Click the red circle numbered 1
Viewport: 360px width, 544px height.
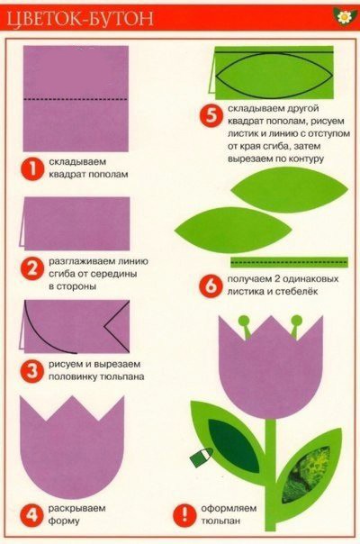coord(31,168)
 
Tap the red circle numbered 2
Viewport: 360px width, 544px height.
coord(31,268)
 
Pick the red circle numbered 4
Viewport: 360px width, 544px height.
coord(31,515)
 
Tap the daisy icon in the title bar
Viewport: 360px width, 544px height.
coord(343,16)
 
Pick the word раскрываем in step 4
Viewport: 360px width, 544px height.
coord(80,510)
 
